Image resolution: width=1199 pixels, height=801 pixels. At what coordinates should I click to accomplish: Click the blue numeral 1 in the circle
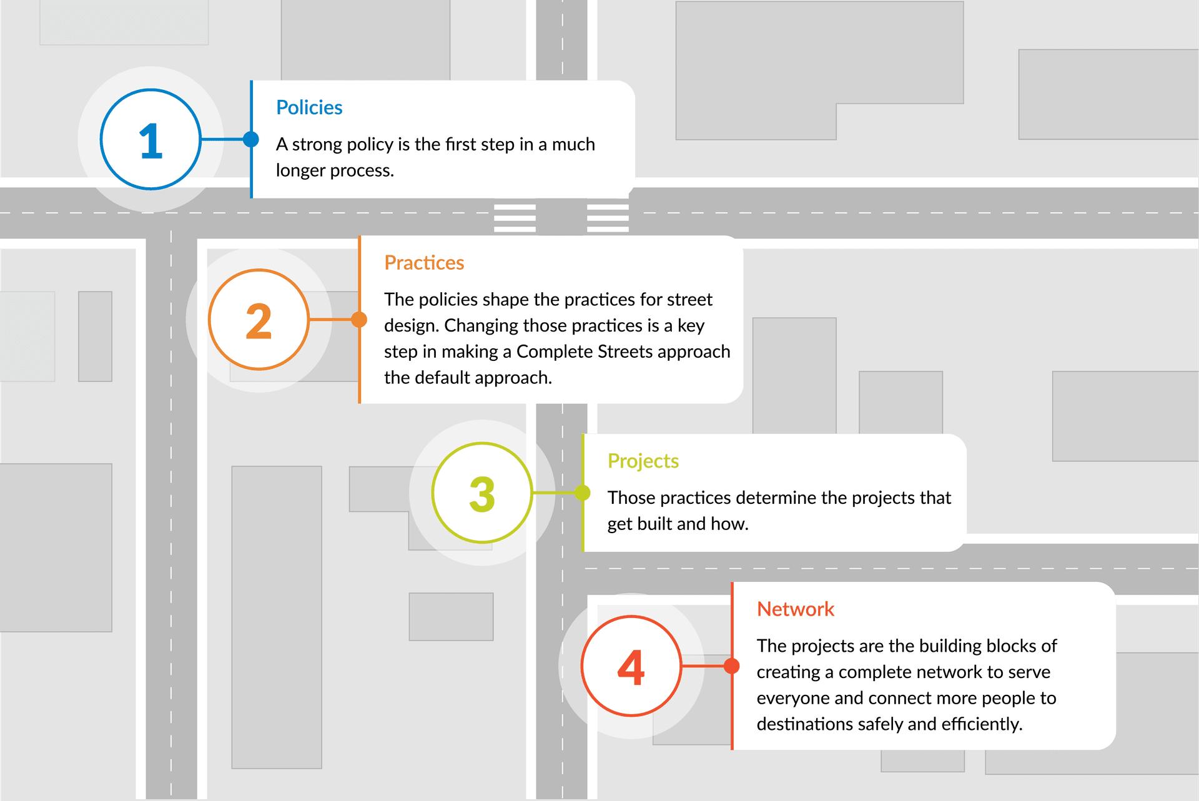coord(150,140)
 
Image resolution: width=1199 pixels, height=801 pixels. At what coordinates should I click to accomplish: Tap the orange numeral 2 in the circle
coord(259,321)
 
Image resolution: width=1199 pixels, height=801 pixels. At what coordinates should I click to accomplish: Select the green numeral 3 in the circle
coord(482,494)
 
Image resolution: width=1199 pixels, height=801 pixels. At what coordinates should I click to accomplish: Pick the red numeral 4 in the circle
coord(631,667)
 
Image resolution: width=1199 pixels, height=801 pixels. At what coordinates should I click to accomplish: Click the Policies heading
coord(309,108)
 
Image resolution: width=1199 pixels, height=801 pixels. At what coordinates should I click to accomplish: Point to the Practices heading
coord(424,263)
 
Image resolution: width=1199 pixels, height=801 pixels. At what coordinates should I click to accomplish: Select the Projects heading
coord(643,461)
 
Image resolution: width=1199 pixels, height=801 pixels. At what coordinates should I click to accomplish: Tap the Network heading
coord(796,609)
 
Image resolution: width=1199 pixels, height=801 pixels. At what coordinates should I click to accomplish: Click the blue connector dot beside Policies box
coord(251,139)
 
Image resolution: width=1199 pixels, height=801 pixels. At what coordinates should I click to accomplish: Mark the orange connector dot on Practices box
coord(359,320)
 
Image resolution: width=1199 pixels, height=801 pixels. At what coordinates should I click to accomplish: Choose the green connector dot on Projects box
coord(583,493)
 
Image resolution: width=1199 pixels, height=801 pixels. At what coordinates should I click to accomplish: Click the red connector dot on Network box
coord(732,666)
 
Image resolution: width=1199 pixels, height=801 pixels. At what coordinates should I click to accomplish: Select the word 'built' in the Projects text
coord(653,524)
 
